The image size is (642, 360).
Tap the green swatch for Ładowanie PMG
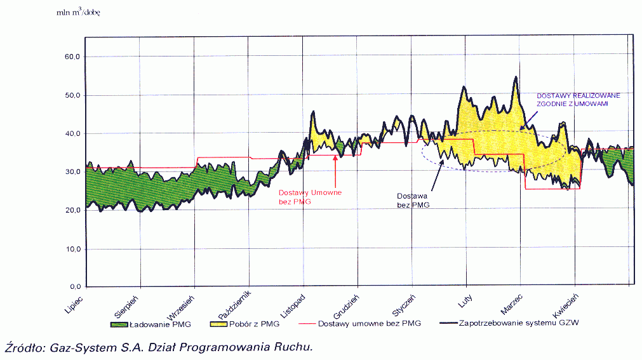click(119, 324)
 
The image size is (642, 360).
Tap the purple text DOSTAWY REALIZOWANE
click(573, 96)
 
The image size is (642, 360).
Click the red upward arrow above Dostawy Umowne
click(335, 170)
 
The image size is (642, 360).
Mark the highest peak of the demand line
click(516, 77)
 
